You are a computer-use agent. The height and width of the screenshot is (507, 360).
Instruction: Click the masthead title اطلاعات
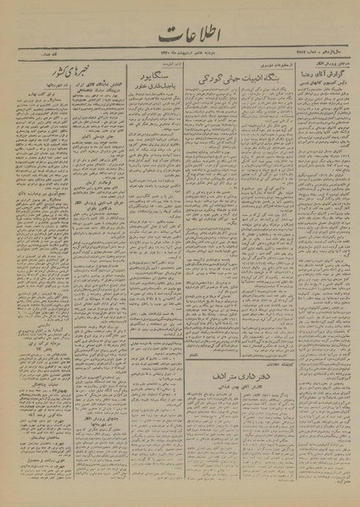(x=179, y=35)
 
